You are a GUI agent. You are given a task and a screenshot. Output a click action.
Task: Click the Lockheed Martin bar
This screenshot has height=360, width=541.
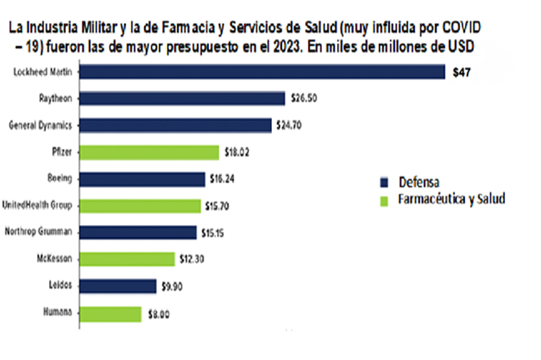[261, 72]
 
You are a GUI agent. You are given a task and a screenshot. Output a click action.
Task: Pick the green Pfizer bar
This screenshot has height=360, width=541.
[149, 152]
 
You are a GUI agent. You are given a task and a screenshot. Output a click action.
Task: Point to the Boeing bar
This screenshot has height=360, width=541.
[142, 179]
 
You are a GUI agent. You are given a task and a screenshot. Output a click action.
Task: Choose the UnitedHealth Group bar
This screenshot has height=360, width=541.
[140, 205]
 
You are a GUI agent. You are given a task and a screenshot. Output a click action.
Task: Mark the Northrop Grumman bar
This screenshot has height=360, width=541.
[137, 232]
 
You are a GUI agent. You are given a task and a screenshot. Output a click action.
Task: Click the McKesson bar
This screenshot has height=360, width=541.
[127, 259]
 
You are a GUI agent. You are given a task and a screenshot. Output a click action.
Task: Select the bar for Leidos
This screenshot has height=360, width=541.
[117, 286]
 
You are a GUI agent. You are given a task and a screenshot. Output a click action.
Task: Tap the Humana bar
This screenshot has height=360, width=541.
[110, 313]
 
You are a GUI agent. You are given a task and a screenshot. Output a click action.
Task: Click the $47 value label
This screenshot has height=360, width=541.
[461, 72]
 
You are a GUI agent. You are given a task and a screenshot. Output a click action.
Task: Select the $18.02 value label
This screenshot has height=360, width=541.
[237, 153]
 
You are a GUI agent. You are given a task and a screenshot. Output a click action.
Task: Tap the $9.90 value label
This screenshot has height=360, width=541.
[172, 286]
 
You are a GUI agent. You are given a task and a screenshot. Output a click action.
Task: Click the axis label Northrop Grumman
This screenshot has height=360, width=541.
[38, 232]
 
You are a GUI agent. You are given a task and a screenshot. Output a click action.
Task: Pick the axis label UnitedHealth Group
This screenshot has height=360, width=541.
[37, 205]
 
